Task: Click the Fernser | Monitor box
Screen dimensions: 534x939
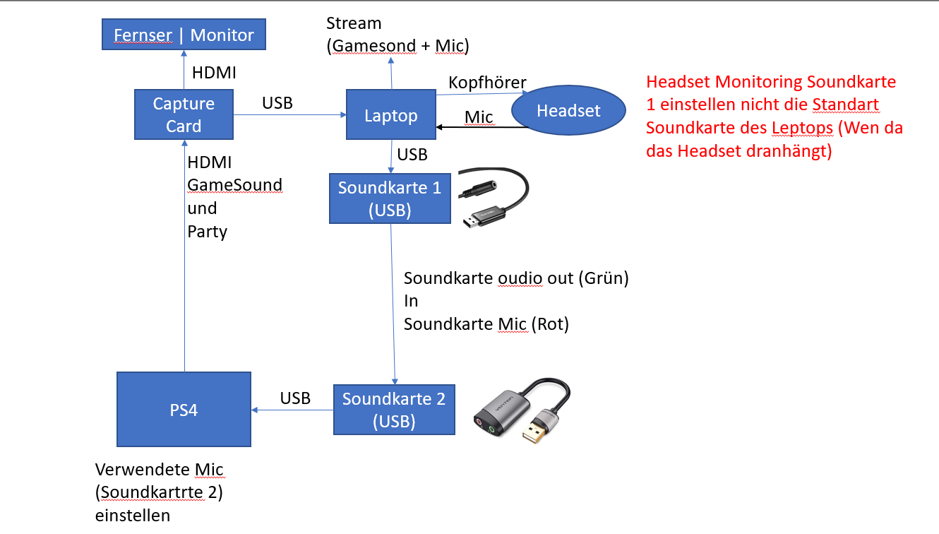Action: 184,35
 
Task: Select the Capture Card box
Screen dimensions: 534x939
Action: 184,114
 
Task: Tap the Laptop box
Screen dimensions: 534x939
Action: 390,114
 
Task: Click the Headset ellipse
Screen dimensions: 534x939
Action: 568,110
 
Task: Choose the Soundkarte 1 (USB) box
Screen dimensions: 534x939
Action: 390,198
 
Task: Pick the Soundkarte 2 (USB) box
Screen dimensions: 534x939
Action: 394,410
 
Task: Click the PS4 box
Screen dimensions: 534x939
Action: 184,410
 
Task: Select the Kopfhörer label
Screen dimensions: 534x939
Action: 487,83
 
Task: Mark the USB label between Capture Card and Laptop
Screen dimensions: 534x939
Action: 277,103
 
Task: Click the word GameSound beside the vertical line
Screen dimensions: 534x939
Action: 234,185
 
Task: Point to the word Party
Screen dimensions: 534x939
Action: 207,232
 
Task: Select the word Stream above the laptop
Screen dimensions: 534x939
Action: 354,23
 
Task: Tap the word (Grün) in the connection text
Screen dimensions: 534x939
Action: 604,278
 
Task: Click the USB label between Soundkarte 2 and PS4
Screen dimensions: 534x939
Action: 295,398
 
